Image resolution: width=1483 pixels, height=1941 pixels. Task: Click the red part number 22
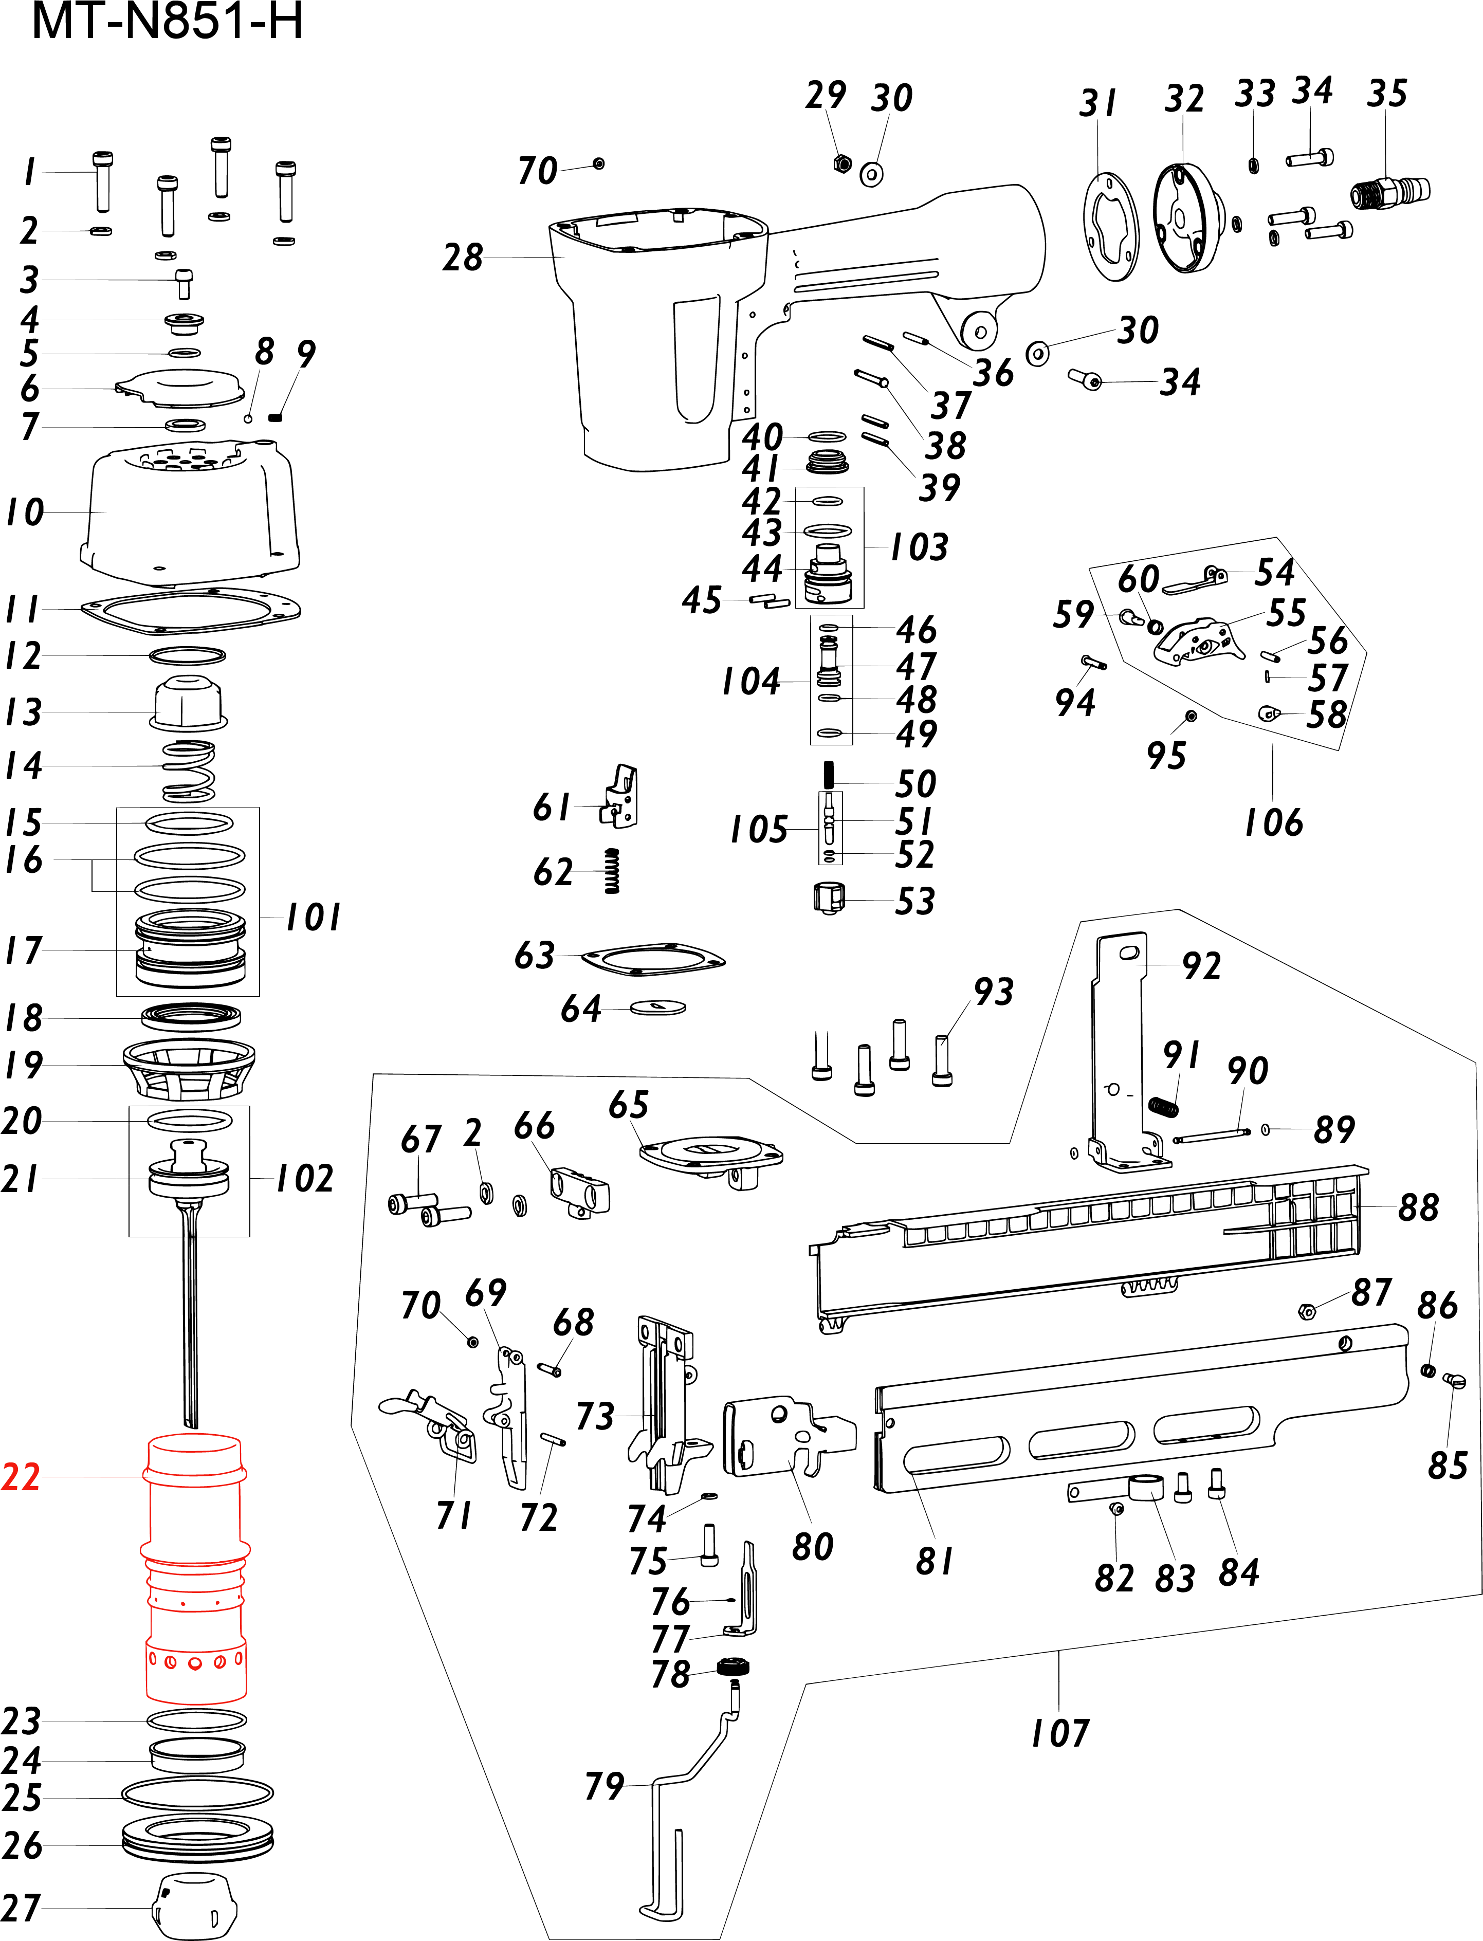click(x=21, y=1477)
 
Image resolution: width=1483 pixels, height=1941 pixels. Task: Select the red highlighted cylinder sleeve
click(x=195, y=1571)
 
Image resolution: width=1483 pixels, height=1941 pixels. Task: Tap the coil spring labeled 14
click(x=189, y=770)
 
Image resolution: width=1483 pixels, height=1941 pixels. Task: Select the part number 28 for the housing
click(x=463, y=258)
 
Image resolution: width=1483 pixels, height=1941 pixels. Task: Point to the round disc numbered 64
click(x=658, y=1007)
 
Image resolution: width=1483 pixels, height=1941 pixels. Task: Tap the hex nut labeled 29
click(x=842, y=163)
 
